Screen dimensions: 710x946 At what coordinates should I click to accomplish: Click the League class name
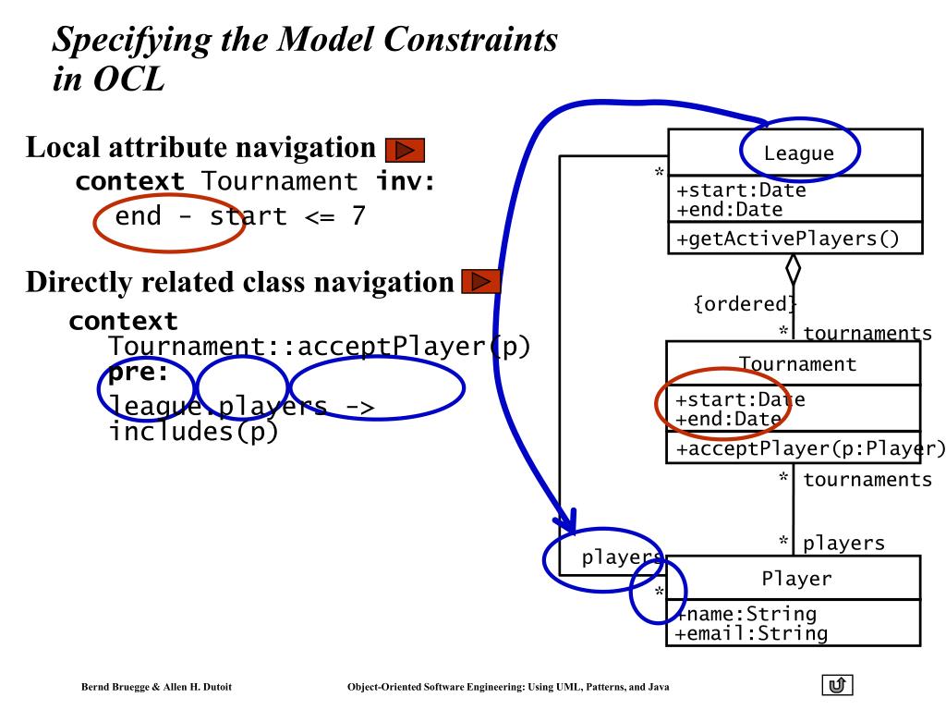[x=798, y=153]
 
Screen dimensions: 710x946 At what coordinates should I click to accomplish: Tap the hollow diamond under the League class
[x=793, y=270]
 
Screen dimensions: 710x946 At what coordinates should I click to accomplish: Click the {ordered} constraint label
[x=744, y=304]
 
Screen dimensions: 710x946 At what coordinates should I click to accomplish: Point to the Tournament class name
[x=797, y=363]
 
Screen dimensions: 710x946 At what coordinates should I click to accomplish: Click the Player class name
[x=796, y=579]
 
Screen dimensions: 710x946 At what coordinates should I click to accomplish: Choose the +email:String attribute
[x=751, y=633]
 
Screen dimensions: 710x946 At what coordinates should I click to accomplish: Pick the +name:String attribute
[x=746, y=614]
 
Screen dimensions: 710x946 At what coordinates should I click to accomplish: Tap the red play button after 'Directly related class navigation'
[x=479, y=281]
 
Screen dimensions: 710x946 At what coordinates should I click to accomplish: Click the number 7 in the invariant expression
[x=358, y=217]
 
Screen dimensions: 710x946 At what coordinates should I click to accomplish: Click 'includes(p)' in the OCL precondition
[x=193, y=430]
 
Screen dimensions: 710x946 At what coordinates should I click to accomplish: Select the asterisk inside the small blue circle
[x=660, y=592]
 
